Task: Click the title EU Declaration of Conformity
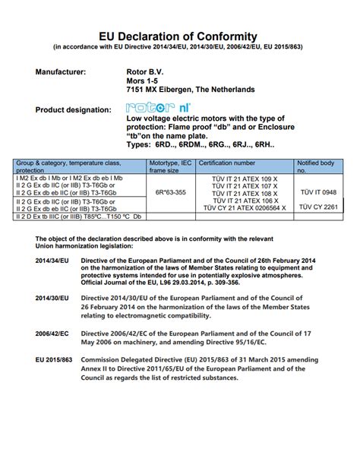179,36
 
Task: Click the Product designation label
72,109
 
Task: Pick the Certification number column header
228,163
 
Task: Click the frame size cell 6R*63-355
170,192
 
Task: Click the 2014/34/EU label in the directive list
52,260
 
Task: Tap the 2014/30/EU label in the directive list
52,299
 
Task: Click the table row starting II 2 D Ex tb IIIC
78,217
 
